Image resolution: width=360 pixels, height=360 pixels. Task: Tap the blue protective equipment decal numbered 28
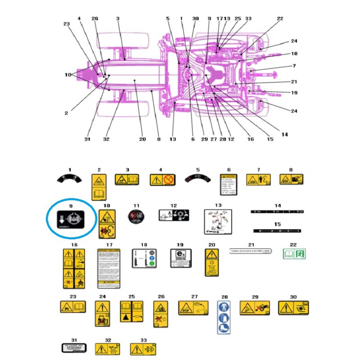(225, 317)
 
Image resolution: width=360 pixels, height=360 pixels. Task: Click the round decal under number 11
(136, 217)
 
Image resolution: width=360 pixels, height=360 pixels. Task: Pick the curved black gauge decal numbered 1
(69, 179)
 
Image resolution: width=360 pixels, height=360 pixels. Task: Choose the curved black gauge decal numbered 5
(198, 179)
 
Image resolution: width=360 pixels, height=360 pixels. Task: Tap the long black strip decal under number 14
(277, 211)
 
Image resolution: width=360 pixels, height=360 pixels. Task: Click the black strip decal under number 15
(277, 230)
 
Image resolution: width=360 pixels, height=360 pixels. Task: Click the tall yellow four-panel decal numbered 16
(74, 268)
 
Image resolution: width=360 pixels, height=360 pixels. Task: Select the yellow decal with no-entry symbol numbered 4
(162, 180)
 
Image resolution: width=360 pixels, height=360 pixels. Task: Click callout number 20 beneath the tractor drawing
(143, 139)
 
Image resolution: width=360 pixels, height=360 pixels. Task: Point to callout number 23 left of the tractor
(67, 24)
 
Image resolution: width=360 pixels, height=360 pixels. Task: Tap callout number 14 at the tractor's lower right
(284, 134)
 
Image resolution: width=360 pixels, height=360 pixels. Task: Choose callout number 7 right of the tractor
(294, 66)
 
